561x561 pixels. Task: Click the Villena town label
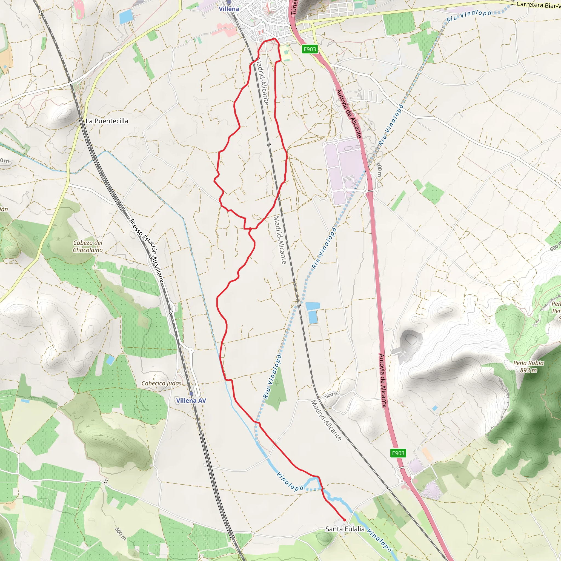click(x=229, y=9)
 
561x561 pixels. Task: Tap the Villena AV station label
click(x=191, y=400)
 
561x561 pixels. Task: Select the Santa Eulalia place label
click(x=345, y=529)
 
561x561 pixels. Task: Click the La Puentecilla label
click(x=107, y=121)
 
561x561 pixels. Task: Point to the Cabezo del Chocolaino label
click(x=88, y=246)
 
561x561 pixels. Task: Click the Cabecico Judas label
click(x=161, y=383)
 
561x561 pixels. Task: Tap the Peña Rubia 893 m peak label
click(x=528, y=367)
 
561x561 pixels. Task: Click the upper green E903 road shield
click(x=310, y=49)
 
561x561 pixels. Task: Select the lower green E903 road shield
click(x=398, y=453)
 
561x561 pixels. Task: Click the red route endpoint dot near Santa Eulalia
click(x=345, y=520)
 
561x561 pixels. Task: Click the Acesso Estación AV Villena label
click(x=146, y=250)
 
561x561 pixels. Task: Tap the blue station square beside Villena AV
click(x=191, y=393)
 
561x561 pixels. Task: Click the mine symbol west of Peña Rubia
click(x=403, y=354)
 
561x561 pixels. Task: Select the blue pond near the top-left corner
click(x=126, y=16)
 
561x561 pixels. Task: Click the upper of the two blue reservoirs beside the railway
click(x=313, y=306)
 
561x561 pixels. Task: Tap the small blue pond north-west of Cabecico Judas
click(x=110, y=361)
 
